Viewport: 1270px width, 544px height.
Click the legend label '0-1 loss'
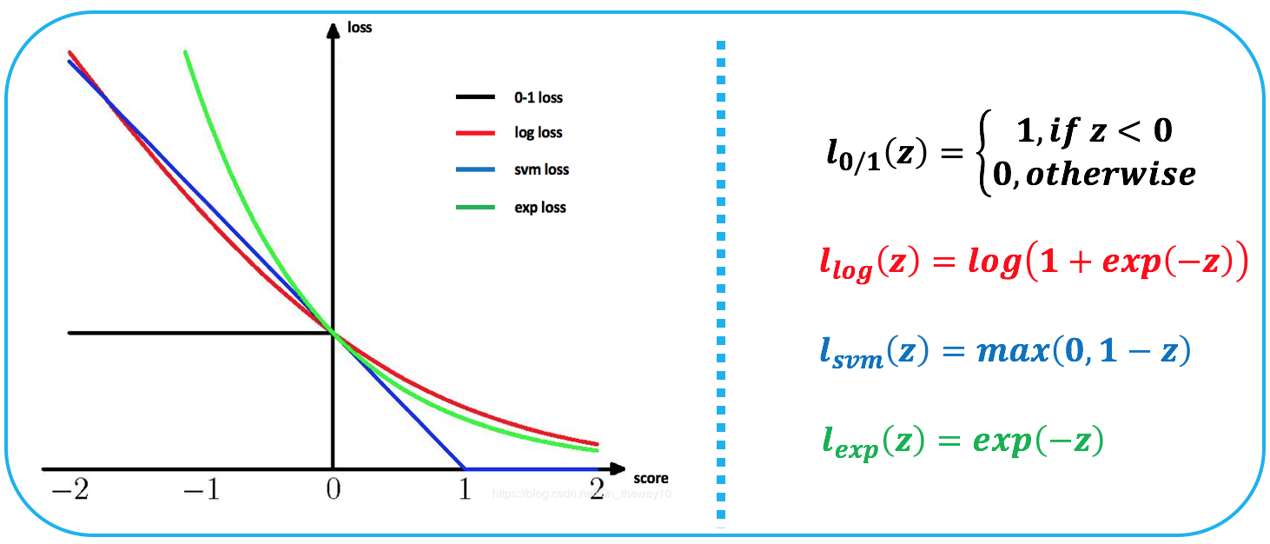[538, 98]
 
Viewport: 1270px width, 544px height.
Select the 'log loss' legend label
[538, 133]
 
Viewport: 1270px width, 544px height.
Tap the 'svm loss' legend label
[541, 170]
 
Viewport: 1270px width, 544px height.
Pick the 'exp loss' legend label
[540, 208]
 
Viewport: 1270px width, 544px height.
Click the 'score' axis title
[651, 479]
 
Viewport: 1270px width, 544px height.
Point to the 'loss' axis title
[360, 28]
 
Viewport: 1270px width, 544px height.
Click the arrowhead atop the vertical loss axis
[332, 30]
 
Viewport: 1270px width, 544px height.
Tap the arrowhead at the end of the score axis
[618, 468]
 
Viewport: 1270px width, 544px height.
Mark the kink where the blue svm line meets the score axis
[465, 468]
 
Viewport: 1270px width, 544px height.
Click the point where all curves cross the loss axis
[333, 333]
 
